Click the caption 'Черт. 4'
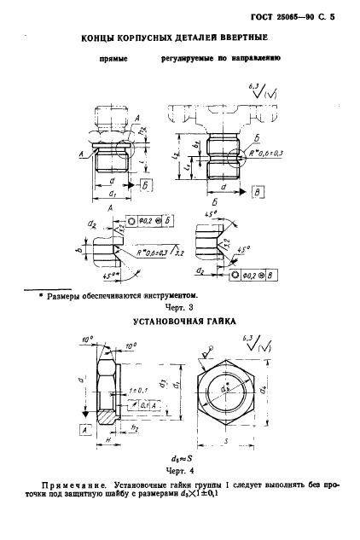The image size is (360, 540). click(x=173, y=467)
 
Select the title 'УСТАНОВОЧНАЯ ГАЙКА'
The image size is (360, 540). click(x=181, y=323)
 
